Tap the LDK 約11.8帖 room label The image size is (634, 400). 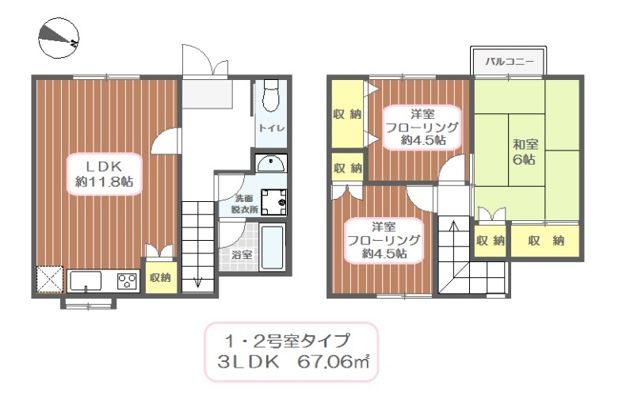pyautogui.click(x=103, y=173)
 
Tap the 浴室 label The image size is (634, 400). pyautogui.click(x=241, y=255)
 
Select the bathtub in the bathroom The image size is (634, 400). pyautogui.click(x=272, y=248)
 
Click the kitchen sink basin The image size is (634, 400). pyautogui.click(x=86, y=280)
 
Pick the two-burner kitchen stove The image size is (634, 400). pyautogui.click(x=126, y=280)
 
